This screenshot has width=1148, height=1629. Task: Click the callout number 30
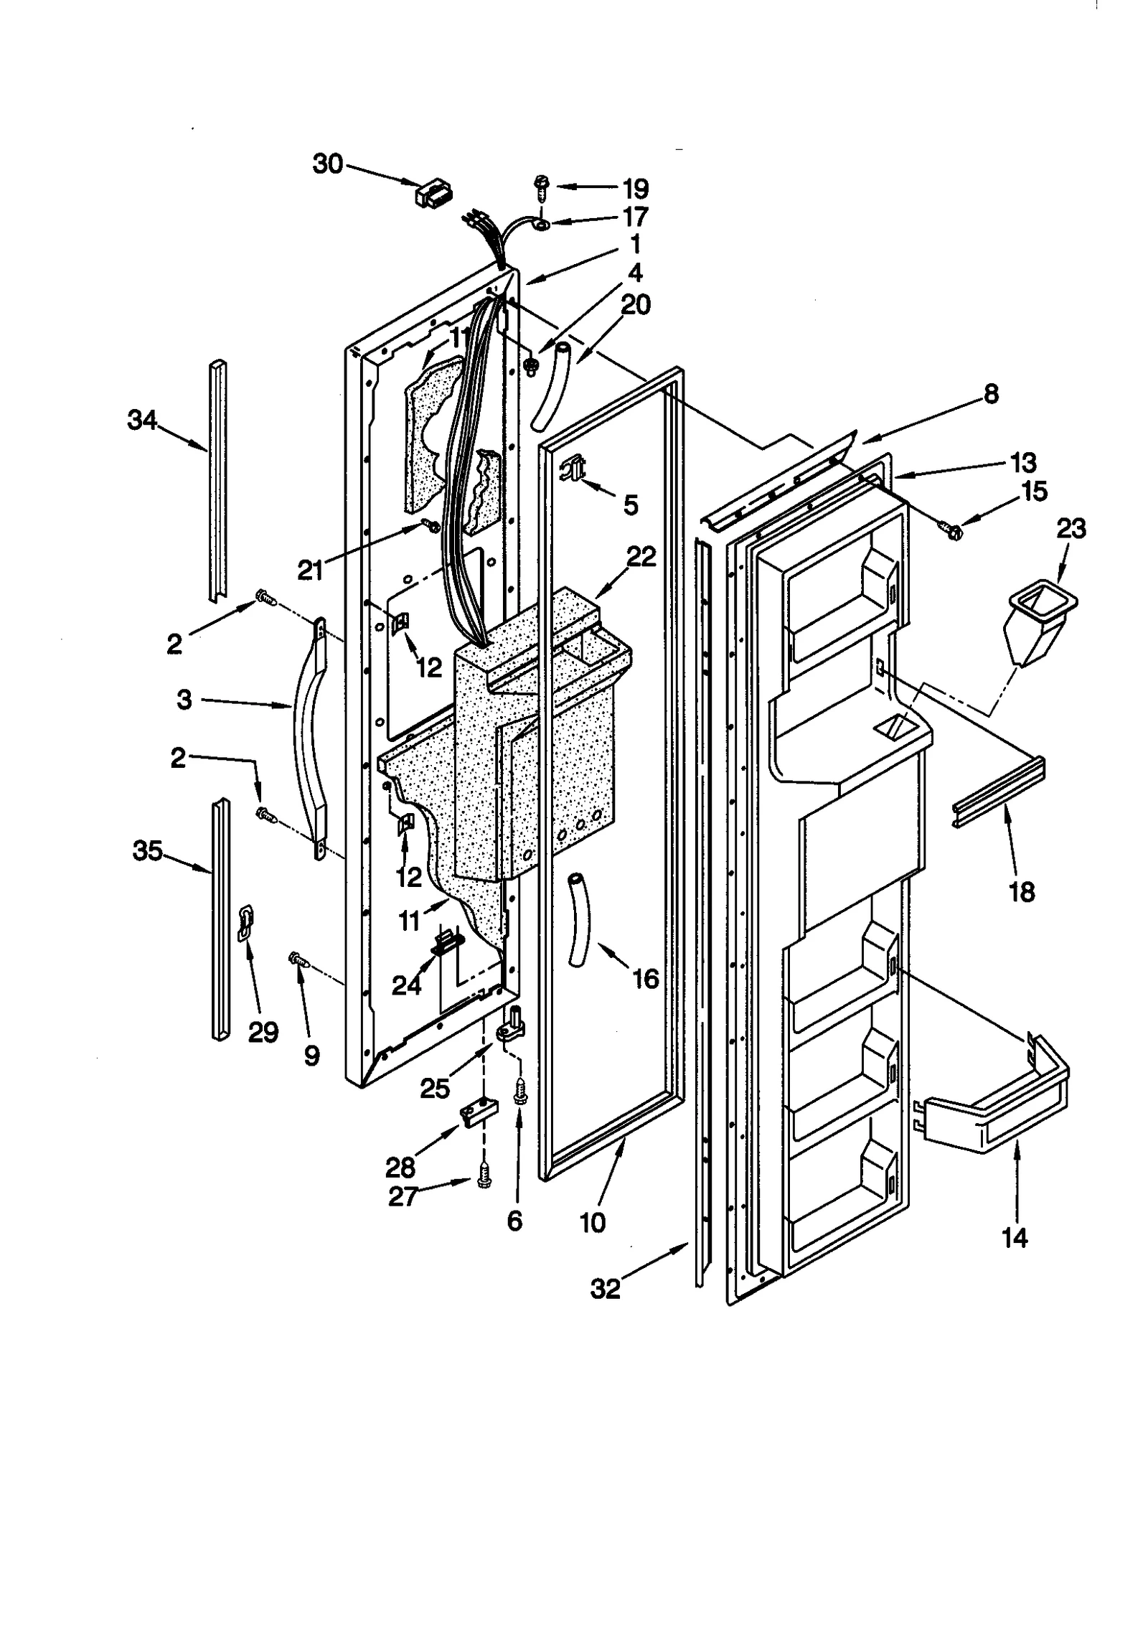[328, 164]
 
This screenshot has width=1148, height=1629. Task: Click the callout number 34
[142, 420]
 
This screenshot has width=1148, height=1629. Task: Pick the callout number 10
[593, 1222]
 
